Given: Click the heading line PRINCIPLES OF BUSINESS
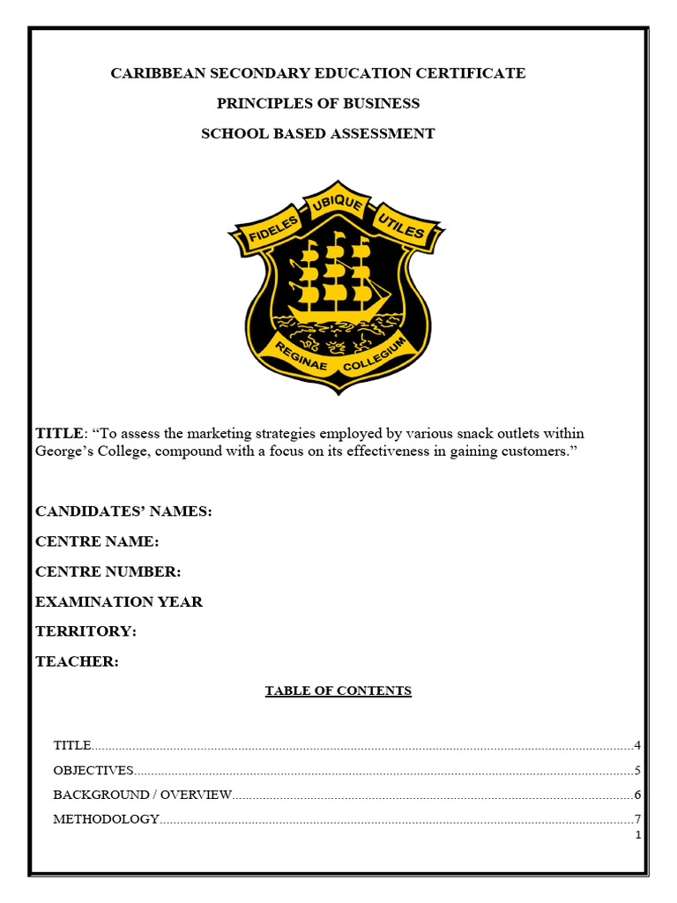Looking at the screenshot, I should tap(318, 103).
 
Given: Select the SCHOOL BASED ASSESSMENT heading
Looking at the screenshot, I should tap(318, 133).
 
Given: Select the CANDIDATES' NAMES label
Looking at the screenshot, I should tap(123, 511).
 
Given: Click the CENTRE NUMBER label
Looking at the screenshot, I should tap(108, 571).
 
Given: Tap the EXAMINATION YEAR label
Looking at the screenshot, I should tap(119, 601).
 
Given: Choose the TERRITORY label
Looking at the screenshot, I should tap(86, 631).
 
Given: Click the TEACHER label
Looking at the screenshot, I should tap(77, 661).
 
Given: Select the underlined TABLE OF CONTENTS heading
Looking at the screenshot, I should tap(338, 690).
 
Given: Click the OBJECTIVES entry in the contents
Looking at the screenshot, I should tap(93, 770).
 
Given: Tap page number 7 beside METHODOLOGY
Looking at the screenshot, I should tap(636, 818).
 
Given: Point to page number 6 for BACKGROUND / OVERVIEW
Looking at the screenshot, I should tap(636, 795).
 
